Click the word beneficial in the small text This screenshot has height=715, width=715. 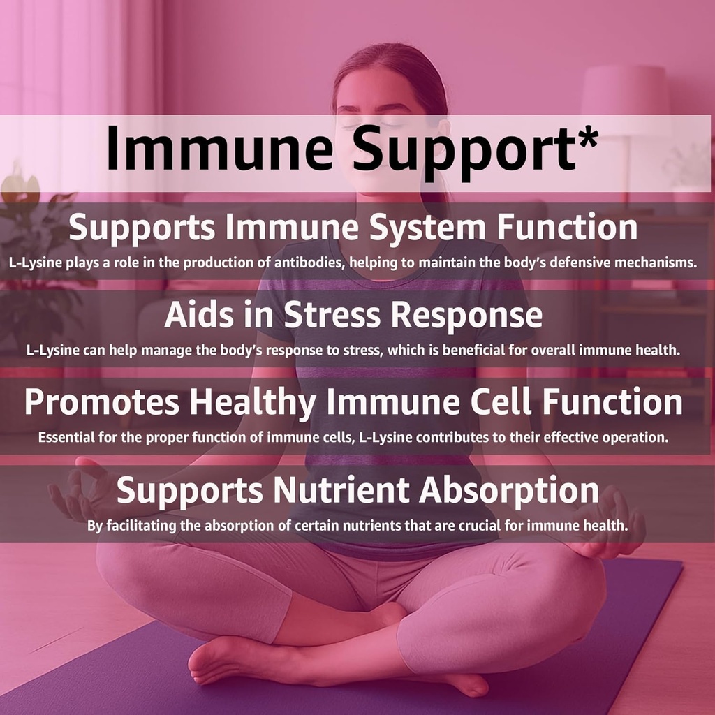[x=474, y=351]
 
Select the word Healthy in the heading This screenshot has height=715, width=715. [x=253, y=404]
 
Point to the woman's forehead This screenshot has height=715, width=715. [x=370, y=89]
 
